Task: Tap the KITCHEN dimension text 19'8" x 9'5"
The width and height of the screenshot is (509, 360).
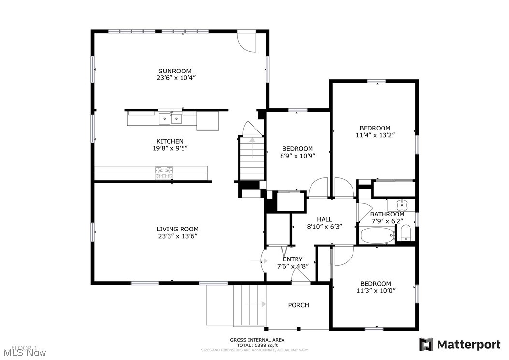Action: pos(170,148)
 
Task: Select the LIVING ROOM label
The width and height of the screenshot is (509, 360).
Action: pos(177,229)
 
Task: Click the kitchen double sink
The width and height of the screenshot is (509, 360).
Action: pos(170,117)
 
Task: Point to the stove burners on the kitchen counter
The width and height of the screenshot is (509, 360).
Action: pos(164,173)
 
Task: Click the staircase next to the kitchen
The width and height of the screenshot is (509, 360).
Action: pos(252,158)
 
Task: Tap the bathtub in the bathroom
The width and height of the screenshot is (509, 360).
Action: pos(377,236)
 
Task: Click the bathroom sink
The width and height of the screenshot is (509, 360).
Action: pos(402,204)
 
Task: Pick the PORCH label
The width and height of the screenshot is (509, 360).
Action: pos(298,305)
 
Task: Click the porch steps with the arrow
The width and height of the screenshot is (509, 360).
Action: pos(250,304)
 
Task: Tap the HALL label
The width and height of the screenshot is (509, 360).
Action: pos(325,219)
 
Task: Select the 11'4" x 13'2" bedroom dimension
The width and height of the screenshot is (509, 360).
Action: pos(375,135)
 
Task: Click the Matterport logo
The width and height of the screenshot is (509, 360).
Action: pos(460,345)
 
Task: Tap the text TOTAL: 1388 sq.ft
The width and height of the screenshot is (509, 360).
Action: pos(257,346)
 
